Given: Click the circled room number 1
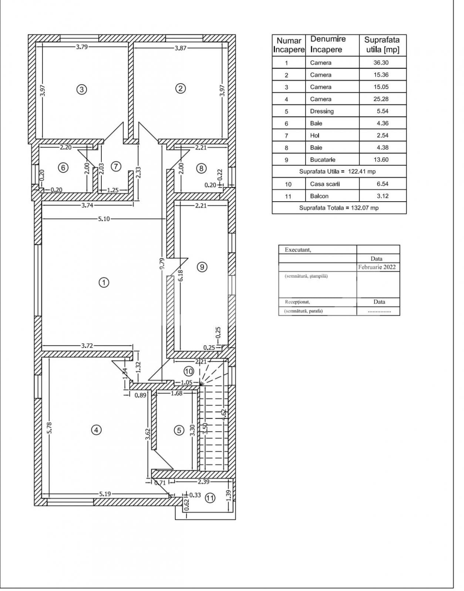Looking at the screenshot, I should click(104, 283).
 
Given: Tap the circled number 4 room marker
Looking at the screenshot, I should click(96, 430).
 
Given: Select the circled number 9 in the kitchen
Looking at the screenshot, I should click(202, 267).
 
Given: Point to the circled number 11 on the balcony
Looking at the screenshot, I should click(210, 498).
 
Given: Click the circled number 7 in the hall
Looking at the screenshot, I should click(116, 167).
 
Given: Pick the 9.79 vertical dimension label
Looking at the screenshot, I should click(162, 264).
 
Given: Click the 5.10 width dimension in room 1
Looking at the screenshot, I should click(104, 219).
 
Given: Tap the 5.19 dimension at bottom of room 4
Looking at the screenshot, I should click(105, 494).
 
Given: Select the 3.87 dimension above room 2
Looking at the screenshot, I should click(180, 48).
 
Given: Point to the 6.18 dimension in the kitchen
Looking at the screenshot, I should click(180, 276).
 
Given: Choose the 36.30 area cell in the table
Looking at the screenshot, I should click(381, 62).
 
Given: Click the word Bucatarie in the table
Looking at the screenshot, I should click(323, 160).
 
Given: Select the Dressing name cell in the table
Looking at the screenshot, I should click(322, 111).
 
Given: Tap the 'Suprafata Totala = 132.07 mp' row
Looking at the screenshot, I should click(339, 208).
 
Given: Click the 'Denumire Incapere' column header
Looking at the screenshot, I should click(328, 44).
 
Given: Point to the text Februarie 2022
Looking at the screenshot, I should click(377, 267).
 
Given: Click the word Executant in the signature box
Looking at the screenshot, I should click(297, 250).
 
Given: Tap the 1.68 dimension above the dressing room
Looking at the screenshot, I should click(176, 394).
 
